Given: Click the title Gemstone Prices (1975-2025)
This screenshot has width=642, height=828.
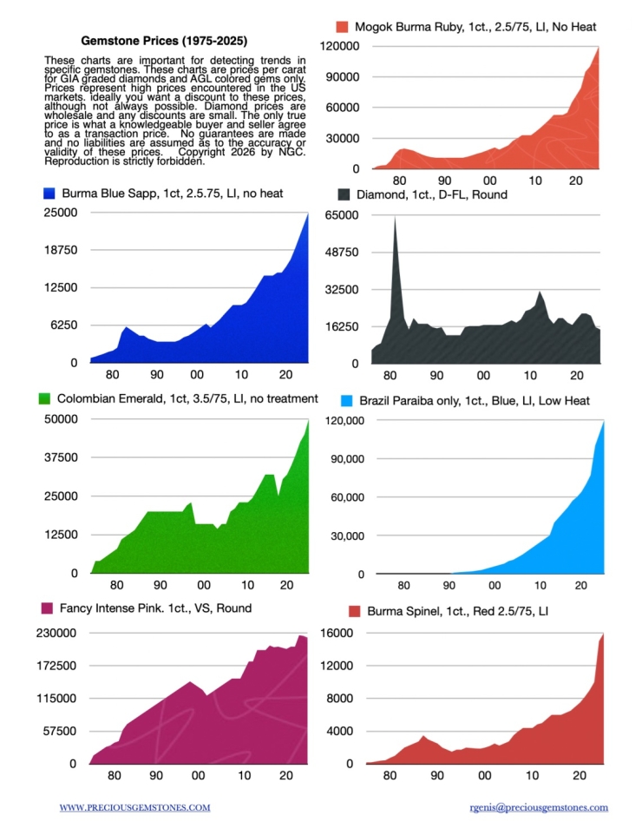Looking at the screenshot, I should [163, 40].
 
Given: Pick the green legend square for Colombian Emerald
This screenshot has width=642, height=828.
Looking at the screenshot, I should [48, 398].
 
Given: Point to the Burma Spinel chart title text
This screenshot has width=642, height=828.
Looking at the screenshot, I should [458, 611].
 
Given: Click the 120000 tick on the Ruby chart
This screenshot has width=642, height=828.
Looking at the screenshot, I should [340, 46].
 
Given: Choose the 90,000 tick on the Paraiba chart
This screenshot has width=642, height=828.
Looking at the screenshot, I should [344, 459].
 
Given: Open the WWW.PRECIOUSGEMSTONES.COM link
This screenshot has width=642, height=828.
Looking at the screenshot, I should [134, 807].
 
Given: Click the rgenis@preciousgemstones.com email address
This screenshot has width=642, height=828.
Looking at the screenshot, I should [538, 807].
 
